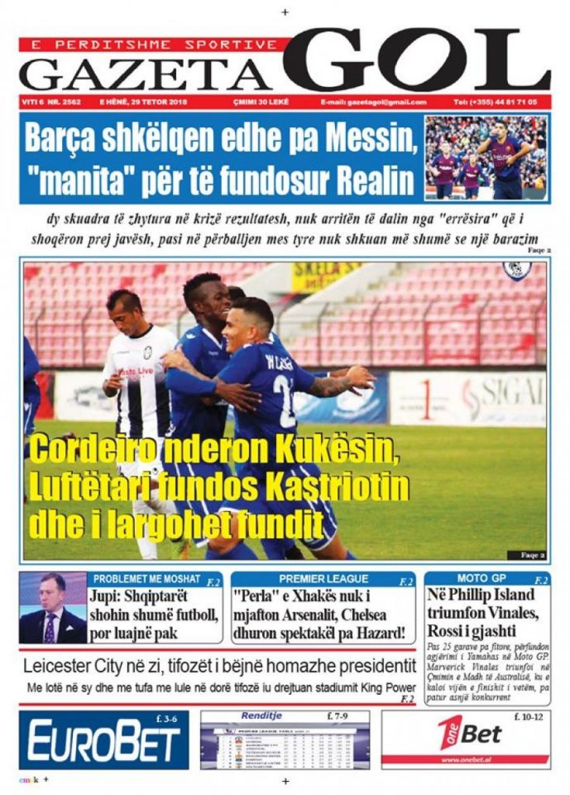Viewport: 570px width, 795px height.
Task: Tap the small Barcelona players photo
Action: pos(485,158)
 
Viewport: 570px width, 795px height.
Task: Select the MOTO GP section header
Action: pos(482,578)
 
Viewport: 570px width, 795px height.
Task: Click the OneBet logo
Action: pos(470,733)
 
